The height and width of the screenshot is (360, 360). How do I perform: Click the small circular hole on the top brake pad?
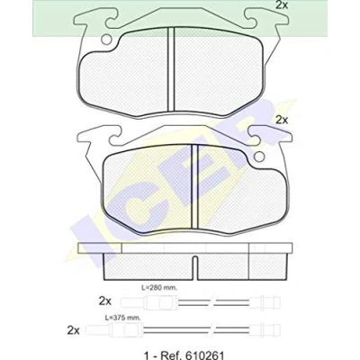pyautogui.click(x=106, y=39)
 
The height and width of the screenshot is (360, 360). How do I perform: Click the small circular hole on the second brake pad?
pyautogui.click(x=259, y=156)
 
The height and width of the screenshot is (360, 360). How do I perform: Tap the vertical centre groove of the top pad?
pyautogui.click(x=171, y=68)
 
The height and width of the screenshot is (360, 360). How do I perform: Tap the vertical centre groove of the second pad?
pyautogui.click(x=194, y=186)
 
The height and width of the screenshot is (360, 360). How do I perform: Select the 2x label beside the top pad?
pyautogui.click(x=282, y=5)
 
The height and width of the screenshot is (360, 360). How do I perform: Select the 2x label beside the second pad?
pyautogui.click(x=282, y=121)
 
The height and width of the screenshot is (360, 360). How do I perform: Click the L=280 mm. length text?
pyautogui.click(x=159, y=288)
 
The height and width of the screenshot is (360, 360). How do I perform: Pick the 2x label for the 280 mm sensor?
pyautogui.click(x=105, y=301)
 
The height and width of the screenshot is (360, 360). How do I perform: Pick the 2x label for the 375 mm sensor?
pyautogui.click(x=74, y=330)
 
